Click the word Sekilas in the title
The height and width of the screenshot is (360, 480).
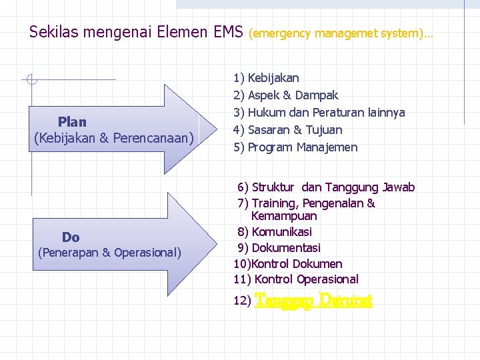tap(49, 31)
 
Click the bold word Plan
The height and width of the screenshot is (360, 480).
tap(72, 121)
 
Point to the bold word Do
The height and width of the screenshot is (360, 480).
tap(71, 237)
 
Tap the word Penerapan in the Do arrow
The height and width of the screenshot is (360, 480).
tap(70, 253)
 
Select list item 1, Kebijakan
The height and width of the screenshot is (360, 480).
tap(273, 78)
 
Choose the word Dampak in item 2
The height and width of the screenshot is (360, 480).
tap(317, 95)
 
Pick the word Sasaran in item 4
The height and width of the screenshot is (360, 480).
tap(269, 130)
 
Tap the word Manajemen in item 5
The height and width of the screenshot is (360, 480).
tap(327, 147)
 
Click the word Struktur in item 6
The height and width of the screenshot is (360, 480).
tap(273, 187)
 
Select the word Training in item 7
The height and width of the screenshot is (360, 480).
tap(275, 203)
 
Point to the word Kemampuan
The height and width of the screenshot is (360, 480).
tap(284, 216)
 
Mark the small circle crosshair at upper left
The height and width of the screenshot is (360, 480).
tap(31, 80)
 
